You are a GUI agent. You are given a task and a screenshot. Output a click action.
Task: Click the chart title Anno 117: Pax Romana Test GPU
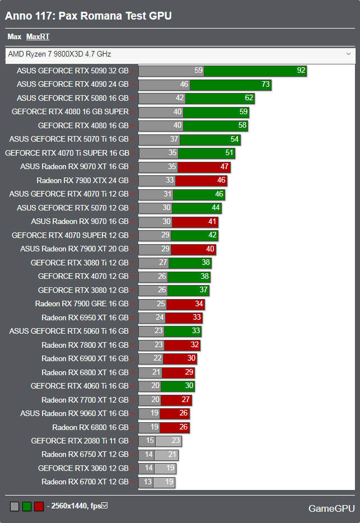pos(88,16)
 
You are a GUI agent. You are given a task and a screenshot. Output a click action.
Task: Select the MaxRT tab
pos(38,37)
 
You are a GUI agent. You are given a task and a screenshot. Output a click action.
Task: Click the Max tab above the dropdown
pos(14,37)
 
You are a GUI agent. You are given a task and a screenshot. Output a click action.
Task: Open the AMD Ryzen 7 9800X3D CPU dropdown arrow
pos(348,54)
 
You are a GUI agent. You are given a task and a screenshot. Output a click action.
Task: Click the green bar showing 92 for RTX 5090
pos(255,71)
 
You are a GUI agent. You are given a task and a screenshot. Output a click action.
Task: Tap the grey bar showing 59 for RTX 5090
pos(171,71)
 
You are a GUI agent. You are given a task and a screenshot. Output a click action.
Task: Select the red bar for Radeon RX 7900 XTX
pos(201,181)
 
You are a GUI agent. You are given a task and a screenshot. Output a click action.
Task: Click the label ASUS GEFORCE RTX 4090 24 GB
pos(73,85)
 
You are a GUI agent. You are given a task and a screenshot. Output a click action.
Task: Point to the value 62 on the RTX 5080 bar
pos(249,98)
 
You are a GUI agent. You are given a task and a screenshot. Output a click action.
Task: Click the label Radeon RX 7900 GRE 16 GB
pos(82,304)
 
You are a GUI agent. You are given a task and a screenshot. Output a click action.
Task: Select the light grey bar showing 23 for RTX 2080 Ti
pos(169,441)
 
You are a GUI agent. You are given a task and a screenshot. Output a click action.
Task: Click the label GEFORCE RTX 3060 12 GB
pos(83,469)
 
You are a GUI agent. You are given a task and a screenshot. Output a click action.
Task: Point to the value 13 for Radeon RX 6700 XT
pos(148,482)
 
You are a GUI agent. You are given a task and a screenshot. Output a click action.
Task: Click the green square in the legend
pos(26,507)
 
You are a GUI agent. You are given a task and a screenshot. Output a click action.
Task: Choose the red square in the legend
pos(39,507)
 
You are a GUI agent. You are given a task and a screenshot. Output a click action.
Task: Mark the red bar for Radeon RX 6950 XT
pos(185,318)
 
